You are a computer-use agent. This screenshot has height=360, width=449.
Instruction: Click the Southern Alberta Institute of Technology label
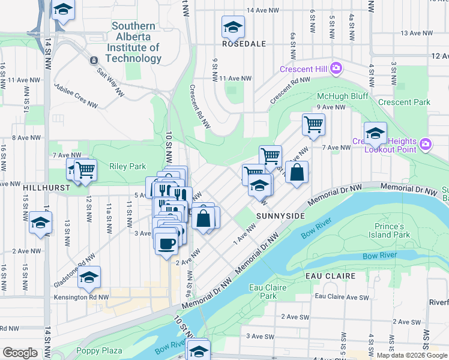(133, 43)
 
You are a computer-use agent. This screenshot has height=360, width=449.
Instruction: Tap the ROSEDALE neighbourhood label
(244, 44)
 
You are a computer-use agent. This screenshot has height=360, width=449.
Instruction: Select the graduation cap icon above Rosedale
(233, 26)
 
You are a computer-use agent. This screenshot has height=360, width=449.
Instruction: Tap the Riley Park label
(127, 166)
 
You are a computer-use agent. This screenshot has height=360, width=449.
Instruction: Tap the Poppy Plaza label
(99, 350)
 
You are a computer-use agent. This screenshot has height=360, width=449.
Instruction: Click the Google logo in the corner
(20, 353)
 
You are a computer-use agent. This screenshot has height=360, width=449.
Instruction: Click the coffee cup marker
(166, 243)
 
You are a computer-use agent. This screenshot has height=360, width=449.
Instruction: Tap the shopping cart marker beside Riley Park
(85, 170)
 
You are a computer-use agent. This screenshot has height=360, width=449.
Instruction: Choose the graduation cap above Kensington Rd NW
(89, 277)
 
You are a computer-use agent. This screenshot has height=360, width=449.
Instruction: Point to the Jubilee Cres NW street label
(76, 95)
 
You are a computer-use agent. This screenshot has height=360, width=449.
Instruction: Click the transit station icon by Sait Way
(94, 61)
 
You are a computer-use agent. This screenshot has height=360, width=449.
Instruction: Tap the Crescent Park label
(404, 102)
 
